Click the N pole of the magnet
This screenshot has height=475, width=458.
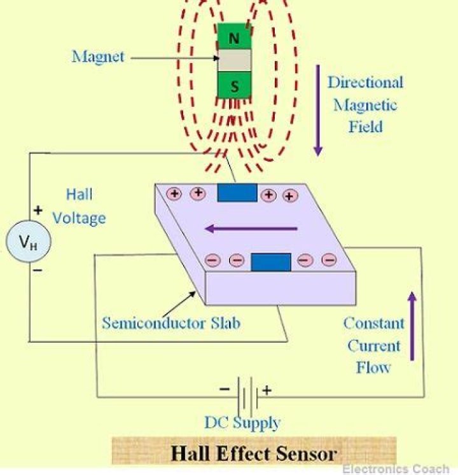point(234,37)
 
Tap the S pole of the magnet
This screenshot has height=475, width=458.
point(234,86)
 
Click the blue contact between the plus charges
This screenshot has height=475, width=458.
point(237,193)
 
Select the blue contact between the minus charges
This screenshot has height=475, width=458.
point(271,261)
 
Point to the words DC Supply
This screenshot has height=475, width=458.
point(242,422)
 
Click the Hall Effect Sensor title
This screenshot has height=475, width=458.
point(254,454)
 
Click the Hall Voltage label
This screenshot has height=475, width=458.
point(79,206)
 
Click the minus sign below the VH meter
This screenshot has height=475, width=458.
point(38,270)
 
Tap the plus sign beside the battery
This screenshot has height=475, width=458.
point(267,390)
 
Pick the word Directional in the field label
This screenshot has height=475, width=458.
point(365,82)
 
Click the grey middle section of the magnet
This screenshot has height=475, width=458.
point(234,61)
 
